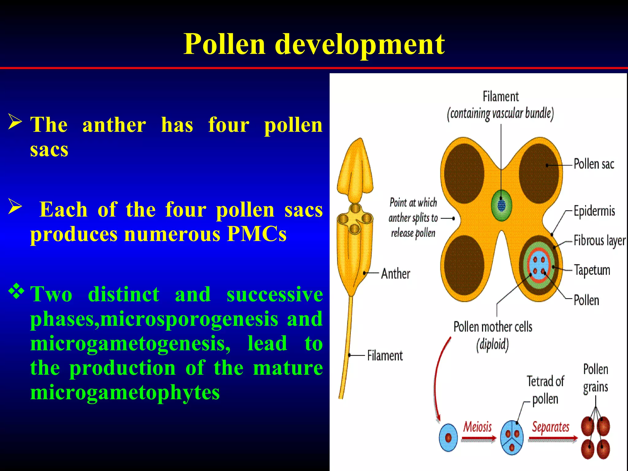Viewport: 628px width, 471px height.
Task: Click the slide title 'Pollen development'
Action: click(314, 44)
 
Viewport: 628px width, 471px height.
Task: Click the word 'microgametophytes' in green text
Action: click(125, 392)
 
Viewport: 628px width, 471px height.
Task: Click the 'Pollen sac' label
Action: click(594, 164)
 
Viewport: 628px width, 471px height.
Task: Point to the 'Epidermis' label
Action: click(594, 211)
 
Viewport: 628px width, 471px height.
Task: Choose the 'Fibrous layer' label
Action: click(599, 241)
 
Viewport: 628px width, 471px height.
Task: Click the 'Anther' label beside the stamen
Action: click(395, 274)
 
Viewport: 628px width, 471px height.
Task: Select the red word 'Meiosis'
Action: click(477, 427)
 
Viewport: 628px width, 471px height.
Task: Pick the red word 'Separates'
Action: click(550, 427)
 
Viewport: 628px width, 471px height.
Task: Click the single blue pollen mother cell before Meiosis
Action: click(448, 438)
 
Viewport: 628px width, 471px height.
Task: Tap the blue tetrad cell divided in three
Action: click(511, 438)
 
